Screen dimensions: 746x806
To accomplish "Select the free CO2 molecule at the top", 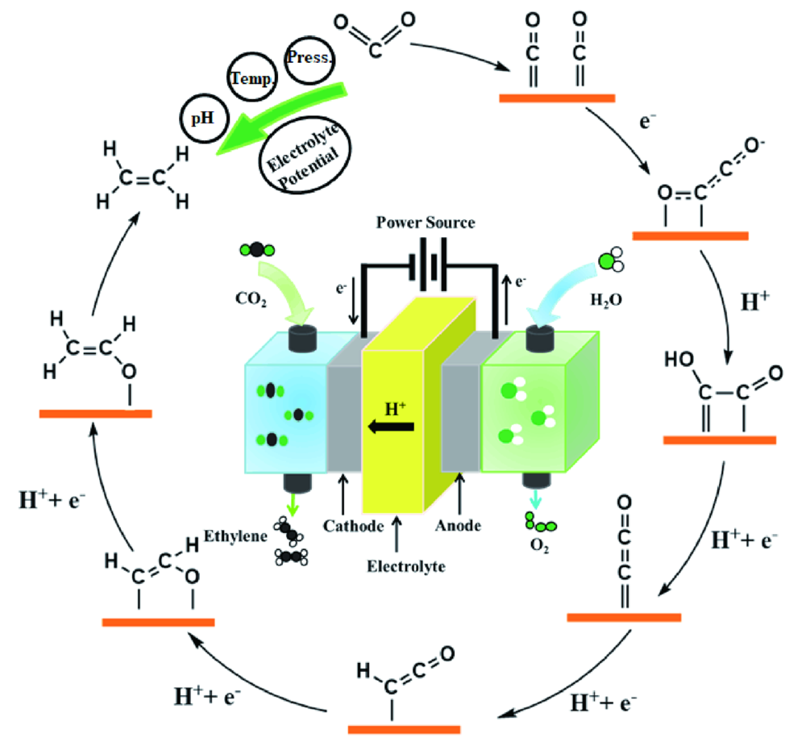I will point(373,34).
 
